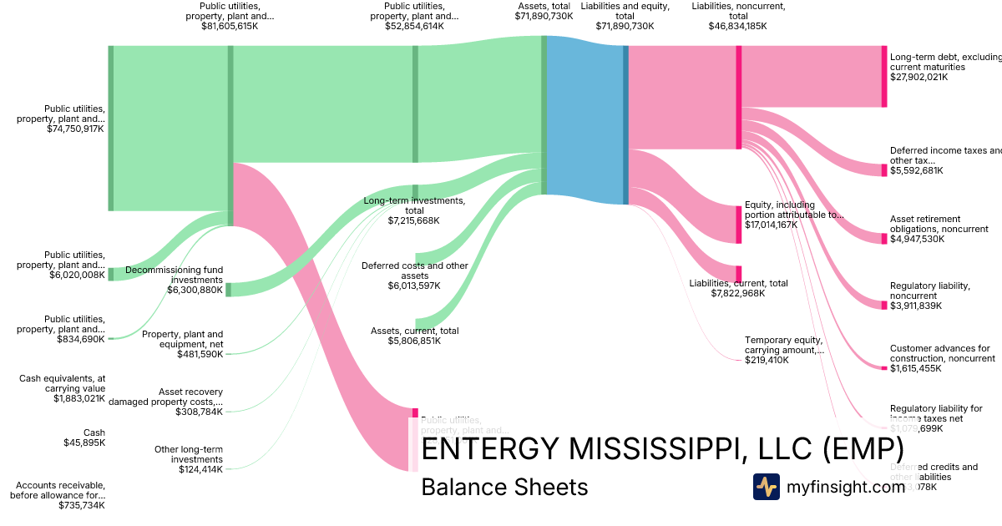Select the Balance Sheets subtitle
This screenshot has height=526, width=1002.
(x=504, y=487)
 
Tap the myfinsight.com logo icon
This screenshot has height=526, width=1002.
(x=766, y=487)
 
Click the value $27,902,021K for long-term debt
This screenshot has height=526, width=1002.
(x=918, y=77)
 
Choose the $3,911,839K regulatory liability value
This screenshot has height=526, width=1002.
(x=916, y=306)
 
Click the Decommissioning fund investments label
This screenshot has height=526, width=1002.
(x=175, y=275)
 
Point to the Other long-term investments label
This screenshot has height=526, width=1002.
(x=189, y=454)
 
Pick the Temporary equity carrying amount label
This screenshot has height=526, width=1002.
(x=783, y=345)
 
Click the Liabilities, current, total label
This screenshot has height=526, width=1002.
(x=738, y=283)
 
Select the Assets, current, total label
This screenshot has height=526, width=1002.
(x=414, y=331)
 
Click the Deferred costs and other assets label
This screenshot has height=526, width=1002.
(x=414, y=271)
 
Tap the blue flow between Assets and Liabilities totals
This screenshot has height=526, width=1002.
(x=584, y=117)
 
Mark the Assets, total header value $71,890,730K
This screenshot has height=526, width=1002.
(x=544, y=16)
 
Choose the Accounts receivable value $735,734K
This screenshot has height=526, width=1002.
(x=81, y=505)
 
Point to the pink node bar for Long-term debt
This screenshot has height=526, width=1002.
(x=883, y=77)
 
